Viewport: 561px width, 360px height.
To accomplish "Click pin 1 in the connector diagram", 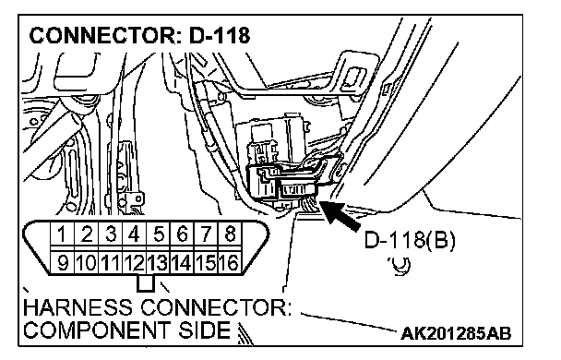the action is coord(62,234).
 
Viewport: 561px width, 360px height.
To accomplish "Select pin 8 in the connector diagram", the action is coord(230,234).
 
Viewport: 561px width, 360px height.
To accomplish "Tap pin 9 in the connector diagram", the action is coord(62,263).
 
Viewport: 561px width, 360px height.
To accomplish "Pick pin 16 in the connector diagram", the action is coord(230,263).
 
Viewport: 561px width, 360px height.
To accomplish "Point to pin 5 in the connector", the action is coord(158,234).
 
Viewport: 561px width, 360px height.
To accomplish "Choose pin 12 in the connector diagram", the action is coord(134,263).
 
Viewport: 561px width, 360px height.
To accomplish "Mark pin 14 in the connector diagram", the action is coord(182,263).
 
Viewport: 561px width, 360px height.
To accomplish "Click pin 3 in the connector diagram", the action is coord(110,234).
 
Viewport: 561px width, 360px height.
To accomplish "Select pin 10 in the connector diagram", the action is coord(86,263).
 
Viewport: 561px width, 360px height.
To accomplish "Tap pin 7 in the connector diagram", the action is coord(206,234).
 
